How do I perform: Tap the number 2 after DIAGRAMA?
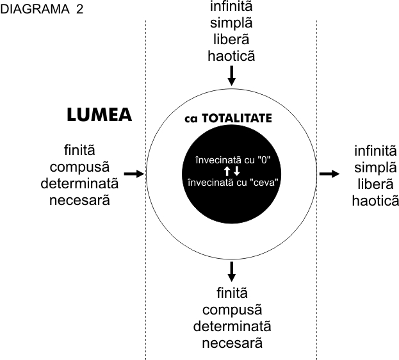79,10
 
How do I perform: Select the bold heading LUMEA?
99,115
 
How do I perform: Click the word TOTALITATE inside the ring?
238,119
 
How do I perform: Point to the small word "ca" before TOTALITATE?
193,119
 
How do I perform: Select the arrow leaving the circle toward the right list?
330,174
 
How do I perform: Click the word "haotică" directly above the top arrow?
232,56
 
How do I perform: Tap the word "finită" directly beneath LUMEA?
79,151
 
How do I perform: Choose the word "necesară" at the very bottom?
232,343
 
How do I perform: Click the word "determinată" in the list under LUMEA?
79,184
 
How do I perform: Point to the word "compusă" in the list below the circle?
232,310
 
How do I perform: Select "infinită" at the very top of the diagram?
232,7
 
